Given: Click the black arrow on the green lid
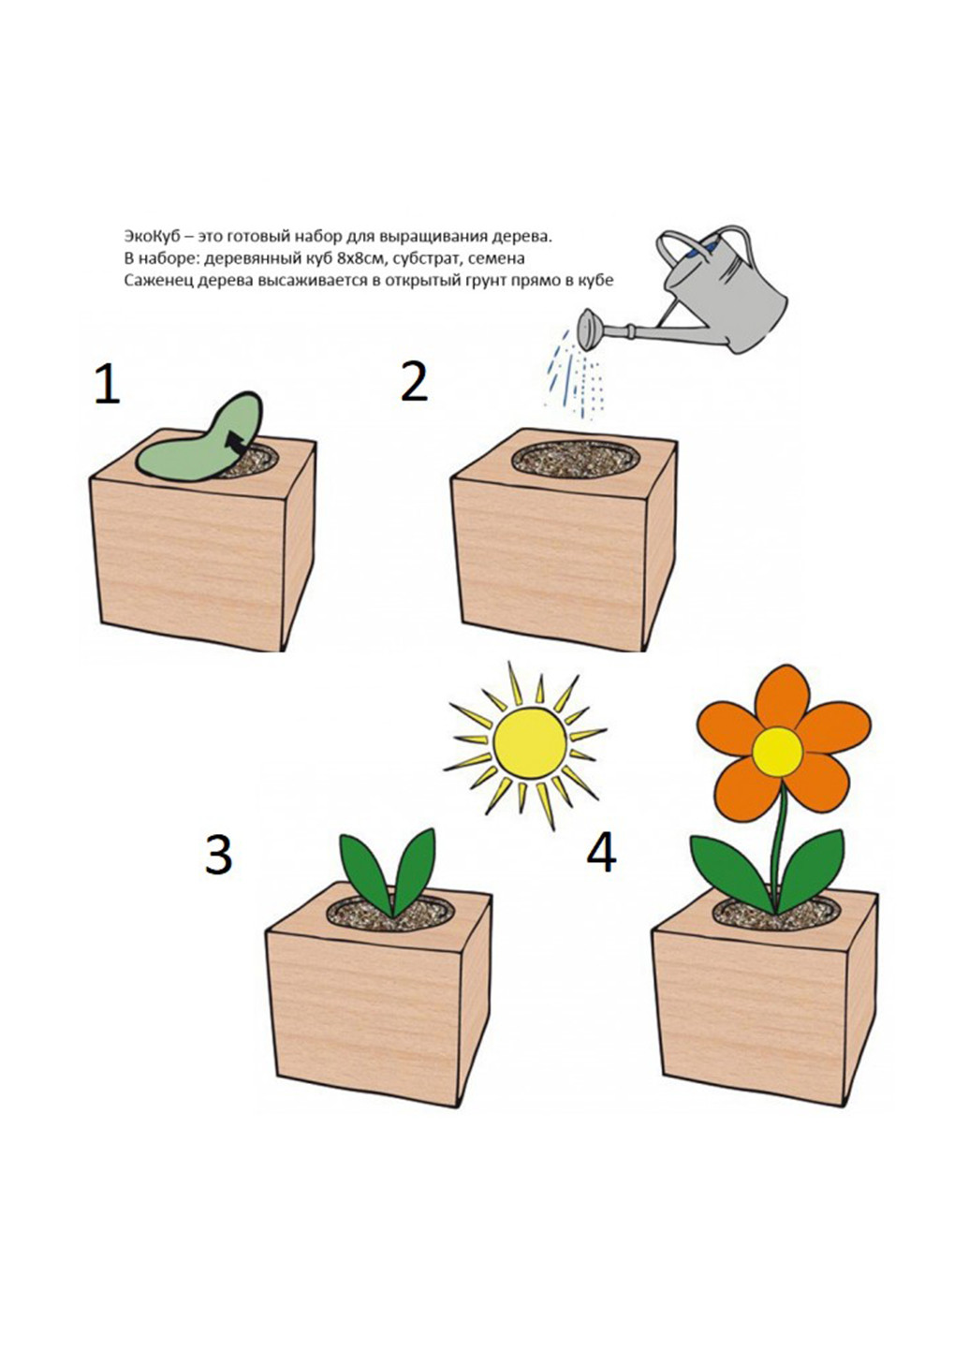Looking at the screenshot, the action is tap(236, 442).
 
